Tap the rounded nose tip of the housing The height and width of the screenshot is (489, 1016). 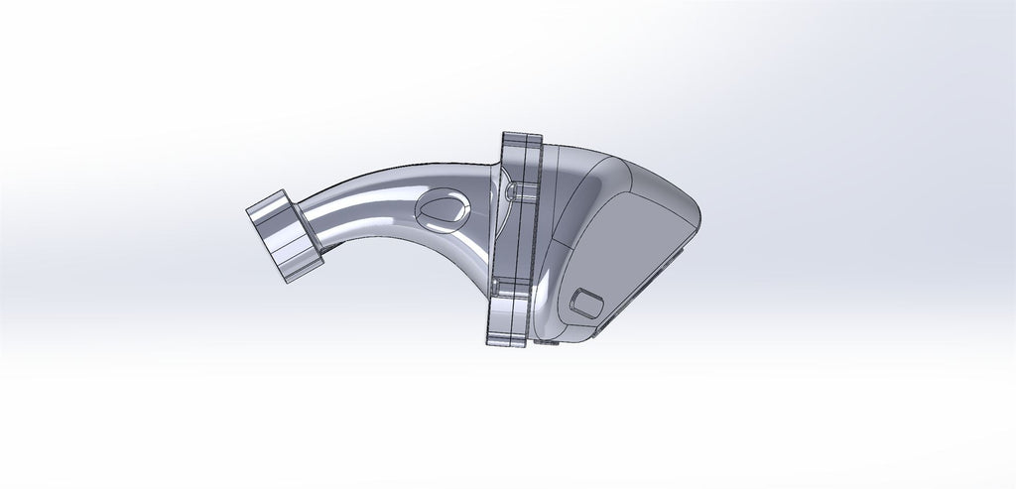(x=694, y=212)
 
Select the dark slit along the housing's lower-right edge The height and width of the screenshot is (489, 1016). (x=645, y=298)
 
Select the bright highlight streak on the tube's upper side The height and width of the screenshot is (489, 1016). (x=377, y=179)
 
